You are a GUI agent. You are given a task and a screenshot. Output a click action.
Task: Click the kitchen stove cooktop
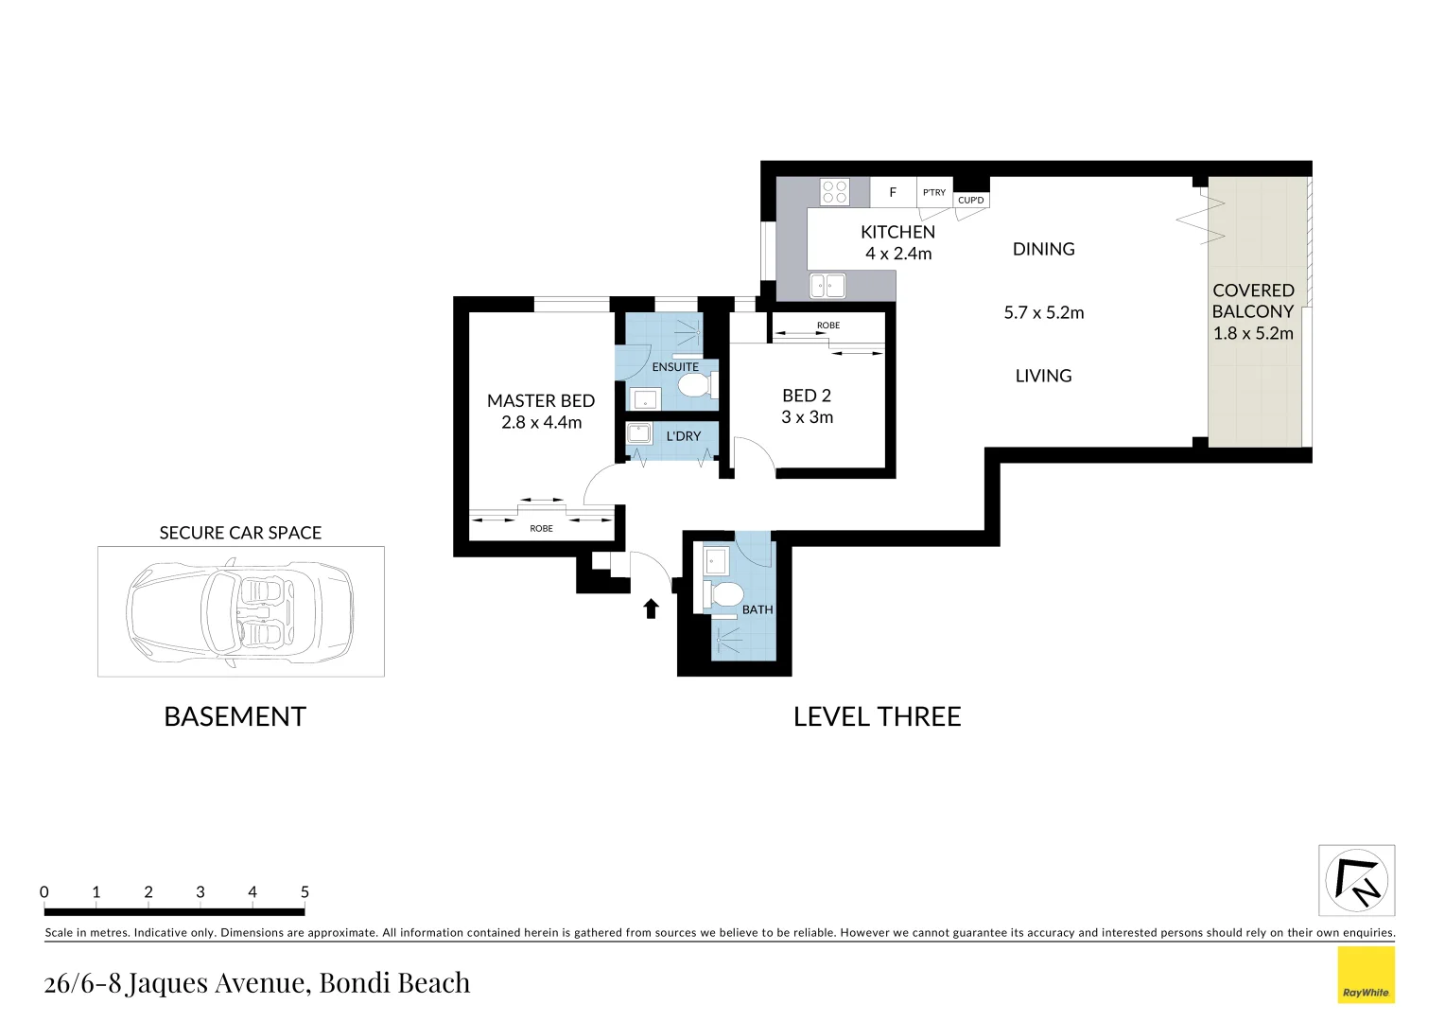point(834,192)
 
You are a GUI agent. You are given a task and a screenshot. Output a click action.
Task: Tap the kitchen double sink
point(827,285)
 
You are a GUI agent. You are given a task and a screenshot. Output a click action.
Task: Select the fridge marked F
point(893,192)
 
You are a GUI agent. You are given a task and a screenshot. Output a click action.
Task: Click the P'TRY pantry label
point(934,192)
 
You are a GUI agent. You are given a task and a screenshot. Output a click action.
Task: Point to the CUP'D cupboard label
point(971,200)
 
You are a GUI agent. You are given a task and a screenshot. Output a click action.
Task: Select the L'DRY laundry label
point(684,436)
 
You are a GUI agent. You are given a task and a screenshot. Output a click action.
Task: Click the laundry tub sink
point(640,433)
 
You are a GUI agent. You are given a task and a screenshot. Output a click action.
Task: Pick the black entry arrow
point(651,608)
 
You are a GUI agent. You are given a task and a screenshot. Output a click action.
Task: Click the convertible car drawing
point(240,610)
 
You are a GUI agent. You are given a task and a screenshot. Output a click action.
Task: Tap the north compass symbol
point(1356,880)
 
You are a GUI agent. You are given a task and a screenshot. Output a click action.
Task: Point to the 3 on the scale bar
point(200,891)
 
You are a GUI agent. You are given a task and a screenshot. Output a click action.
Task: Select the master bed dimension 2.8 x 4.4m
point(541,423)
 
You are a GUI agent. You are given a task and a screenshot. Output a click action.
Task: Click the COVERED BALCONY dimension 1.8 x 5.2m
point(1253,333)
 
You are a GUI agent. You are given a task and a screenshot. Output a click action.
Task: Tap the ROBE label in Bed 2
point(828,326)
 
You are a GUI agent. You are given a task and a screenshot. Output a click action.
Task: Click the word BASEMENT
point(235,716)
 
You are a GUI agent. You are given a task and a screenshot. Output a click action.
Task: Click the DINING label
point(1043,249)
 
